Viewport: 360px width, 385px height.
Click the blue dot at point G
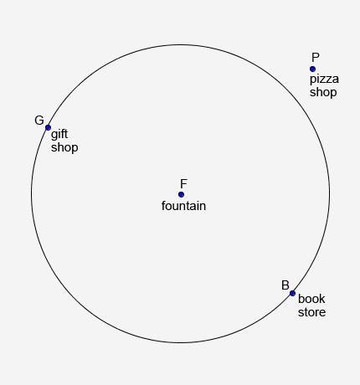point(48,127)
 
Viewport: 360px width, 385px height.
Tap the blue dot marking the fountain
point(181,194)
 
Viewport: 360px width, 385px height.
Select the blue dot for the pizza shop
point(312,69)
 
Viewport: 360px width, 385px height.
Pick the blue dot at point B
point(292,293)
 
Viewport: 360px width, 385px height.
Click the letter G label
point(39,121)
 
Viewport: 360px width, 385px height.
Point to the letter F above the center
point(183,184)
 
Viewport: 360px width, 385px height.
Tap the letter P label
point(316,58)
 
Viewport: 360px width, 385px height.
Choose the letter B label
point(285,285)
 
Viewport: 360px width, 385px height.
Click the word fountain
point(183,206)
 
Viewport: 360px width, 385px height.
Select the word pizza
point(324,80)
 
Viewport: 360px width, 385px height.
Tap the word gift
point(59,135)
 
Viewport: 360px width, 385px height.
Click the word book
point(311,299)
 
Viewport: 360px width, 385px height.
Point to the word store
point(311,312)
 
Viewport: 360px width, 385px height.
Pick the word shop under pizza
point(323,92)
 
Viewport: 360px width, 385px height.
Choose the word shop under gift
point(64,147)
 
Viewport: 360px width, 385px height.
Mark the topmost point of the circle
point(181,45)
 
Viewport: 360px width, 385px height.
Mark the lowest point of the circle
point(181,342)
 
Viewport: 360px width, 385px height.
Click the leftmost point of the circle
point(32,193)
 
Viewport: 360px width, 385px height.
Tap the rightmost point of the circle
point(330,193)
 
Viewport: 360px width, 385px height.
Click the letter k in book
point(322,299)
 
